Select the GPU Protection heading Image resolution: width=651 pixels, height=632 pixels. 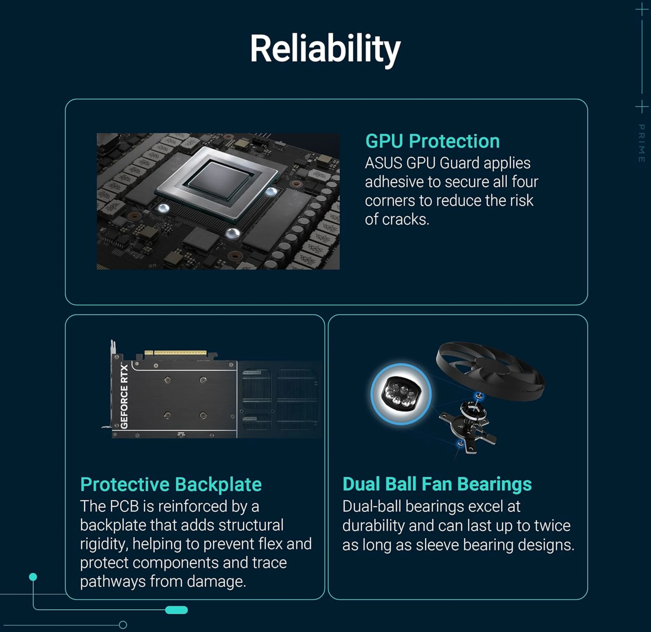(x=432, y=141)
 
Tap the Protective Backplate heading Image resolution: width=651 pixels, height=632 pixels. (x=171, y=485)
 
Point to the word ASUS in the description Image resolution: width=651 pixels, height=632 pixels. (x=383, y=163)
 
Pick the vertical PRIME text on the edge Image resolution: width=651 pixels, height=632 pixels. (x=642, y=143)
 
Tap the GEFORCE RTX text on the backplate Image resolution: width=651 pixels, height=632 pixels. (x=124, y=396)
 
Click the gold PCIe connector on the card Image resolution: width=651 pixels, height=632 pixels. (x=175, y=353)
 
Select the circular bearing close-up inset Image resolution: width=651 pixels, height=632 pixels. (x=401, y=394)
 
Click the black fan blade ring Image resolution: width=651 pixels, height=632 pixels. (x=490, y=369)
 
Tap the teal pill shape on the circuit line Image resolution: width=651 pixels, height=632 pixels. (x=176, y=610)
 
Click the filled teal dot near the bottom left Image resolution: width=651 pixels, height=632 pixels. (x=33, y=577)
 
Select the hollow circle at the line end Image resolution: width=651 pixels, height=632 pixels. (x=123, y=625)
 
